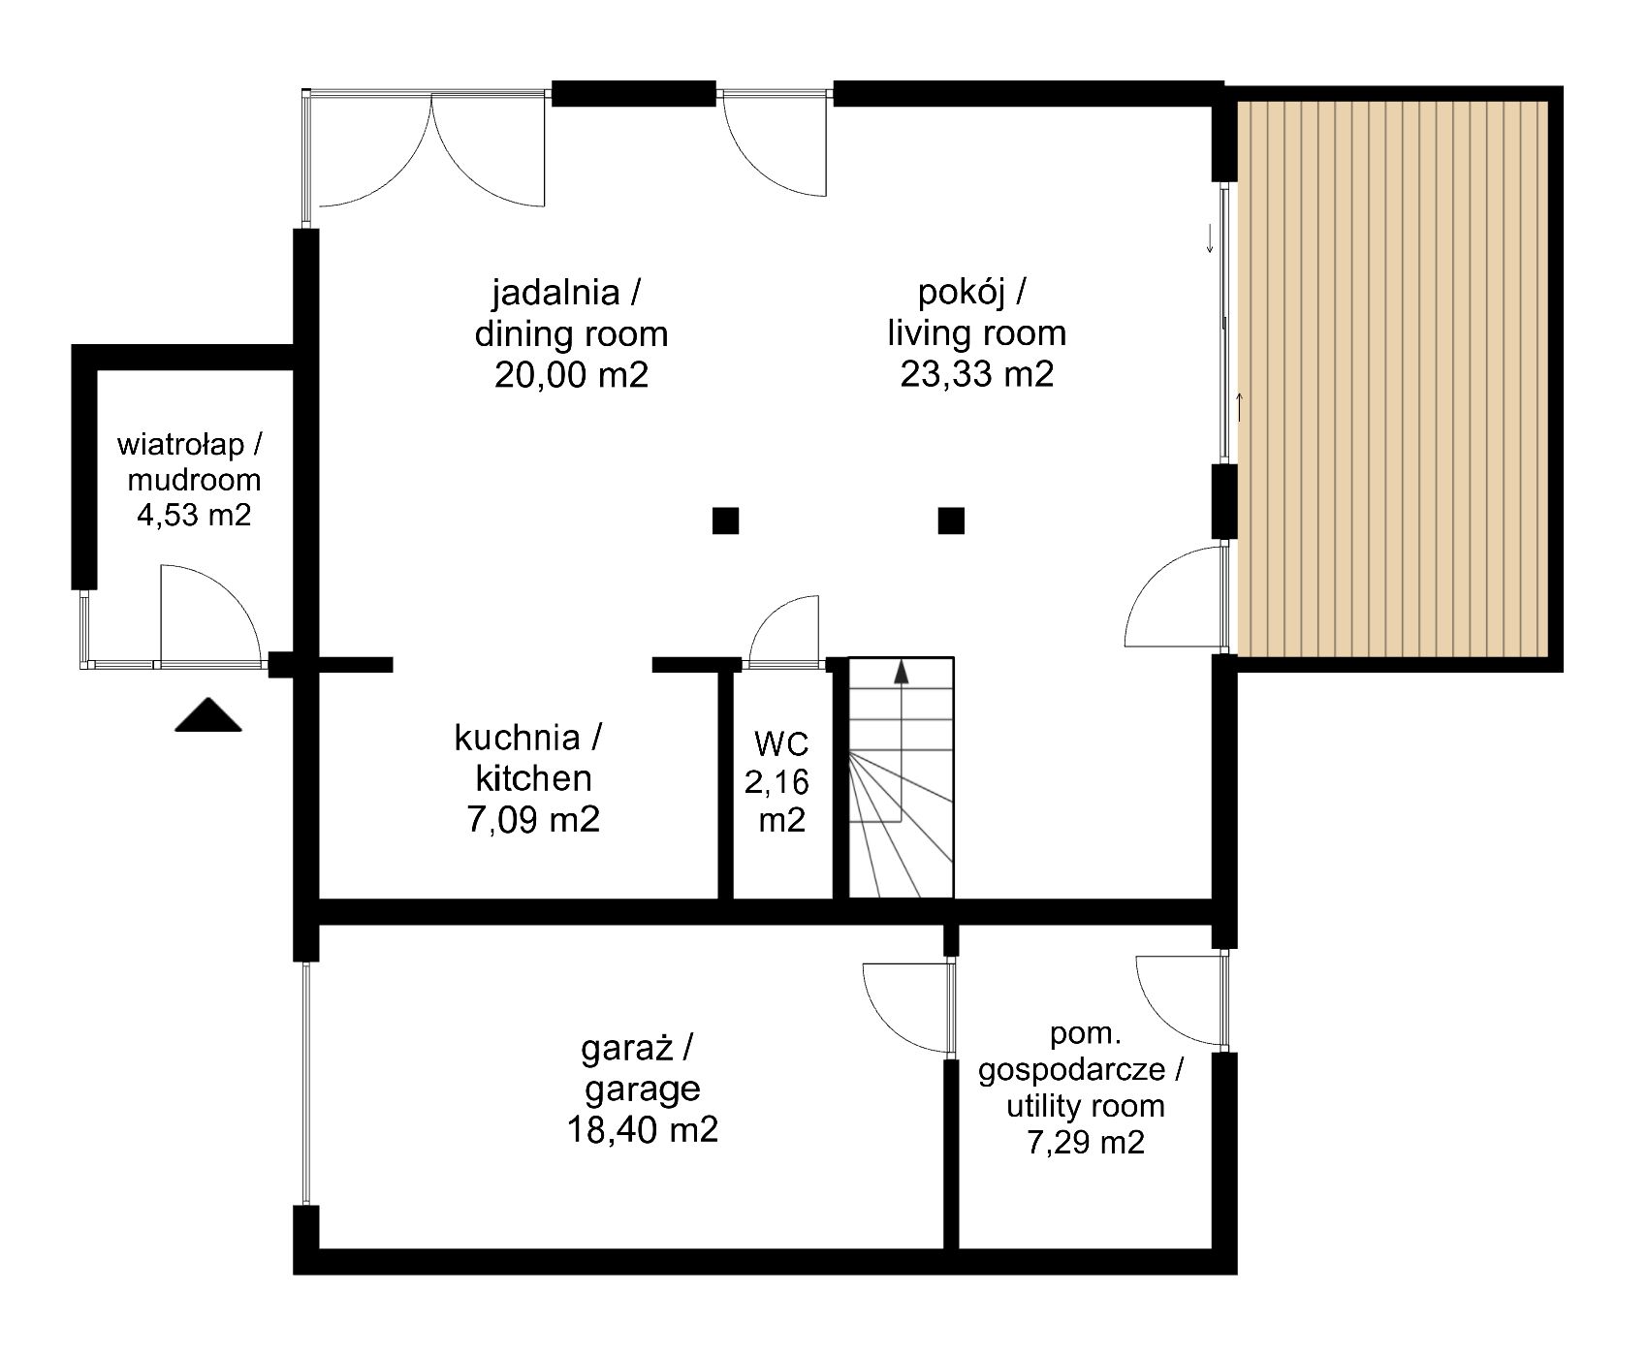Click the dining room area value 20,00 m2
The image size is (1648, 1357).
[x=571, y=374]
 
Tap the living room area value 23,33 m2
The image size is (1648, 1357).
[x=976, y=373]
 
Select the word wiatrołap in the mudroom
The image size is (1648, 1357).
[x=180, y=445]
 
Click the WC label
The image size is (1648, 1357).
[x=781, y=744]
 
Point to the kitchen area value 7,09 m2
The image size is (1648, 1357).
[x=533, y=819]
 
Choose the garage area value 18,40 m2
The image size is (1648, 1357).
[x=643, y=1129]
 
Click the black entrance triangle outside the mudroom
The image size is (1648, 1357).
[x=208, y=714]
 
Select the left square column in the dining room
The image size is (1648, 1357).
[x=725, y=521]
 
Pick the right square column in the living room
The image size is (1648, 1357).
[x=951, y=521]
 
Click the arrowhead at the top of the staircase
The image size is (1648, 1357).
[x=902, y=671]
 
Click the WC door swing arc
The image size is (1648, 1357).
[x=771, y=615]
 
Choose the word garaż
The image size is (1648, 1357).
[x=623, y=1048]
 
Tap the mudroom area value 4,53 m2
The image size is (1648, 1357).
[x=194, y=514]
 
